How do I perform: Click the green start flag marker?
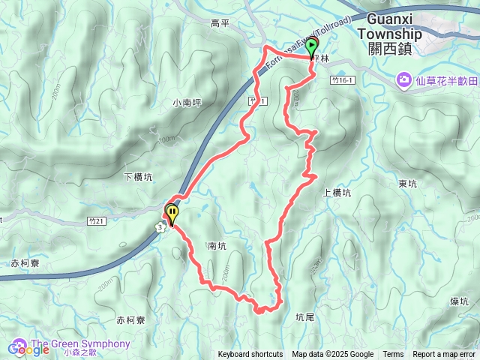[312, 49]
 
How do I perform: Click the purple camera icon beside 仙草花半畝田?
[404, 79]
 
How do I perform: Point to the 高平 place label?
[220, 23]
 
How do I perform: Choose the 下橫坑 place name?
[137, 177]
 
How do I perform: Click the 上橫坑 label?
[336, 193]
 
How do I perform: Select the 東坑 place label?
[408, 183]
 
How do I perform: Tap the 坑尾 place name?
[305, 317]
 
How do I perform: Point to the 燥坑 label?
[460, 301]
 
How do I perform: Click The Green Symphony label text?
[86, 344]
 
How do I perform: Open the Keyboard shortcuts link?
[250, 355]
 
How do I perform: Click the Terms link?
[393, 355]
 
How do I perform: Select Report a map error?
[444, 355]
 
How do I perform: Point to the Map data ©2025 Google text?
[333, 355]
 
